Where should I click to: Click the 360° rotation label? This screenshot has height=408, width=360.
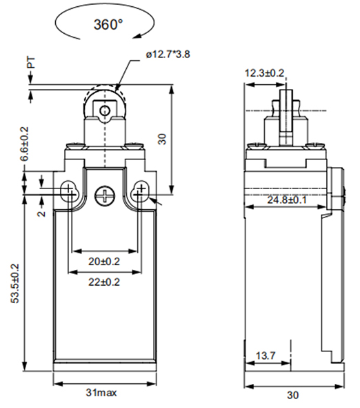coord(108,24)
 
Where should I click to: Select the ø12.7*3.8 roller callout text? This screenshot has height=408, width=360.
coord(168,55)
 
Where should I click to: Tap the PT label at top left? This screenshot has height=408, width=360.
coord(31,63)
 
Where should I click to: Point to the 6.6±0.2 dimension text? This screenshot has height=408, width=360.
coord(24,144)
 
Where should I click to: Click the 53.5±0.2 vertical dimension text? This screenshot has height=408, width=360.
coord(14,283)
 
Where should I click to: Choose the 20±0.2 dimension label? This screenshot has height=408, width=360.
coord(104,262)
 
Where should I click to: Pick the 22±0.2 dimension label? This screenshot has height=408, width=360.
coord(104,282)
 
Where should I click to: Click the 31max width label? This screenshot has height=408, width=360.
coord(101,393)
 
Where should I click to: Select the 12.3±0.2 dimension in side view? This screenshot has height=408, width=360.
coord(265,73)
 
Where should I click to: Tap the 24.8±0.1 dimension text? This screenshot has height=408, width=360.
coord(287,200)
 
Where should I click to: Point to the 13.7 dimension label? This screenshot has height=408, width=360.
coord(266,356)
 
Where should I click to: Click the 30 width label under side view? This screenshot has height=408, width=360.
coord(292,395)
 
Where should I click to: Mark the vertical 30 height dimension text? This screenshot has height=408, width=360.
coord(162,139)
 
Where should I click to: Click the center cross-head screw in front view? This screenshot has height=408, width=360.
coord(105,195)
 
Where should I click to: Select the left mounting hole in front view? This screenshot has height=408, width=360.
coord(69,192)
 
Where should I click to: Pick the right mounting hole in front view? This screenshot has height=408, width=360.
coord(141,192)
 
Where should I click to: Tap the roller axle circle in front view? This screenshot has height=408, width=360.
coord(105,111)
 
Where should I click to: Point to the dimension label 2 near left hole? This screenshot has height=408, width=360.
coord(41,213)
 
